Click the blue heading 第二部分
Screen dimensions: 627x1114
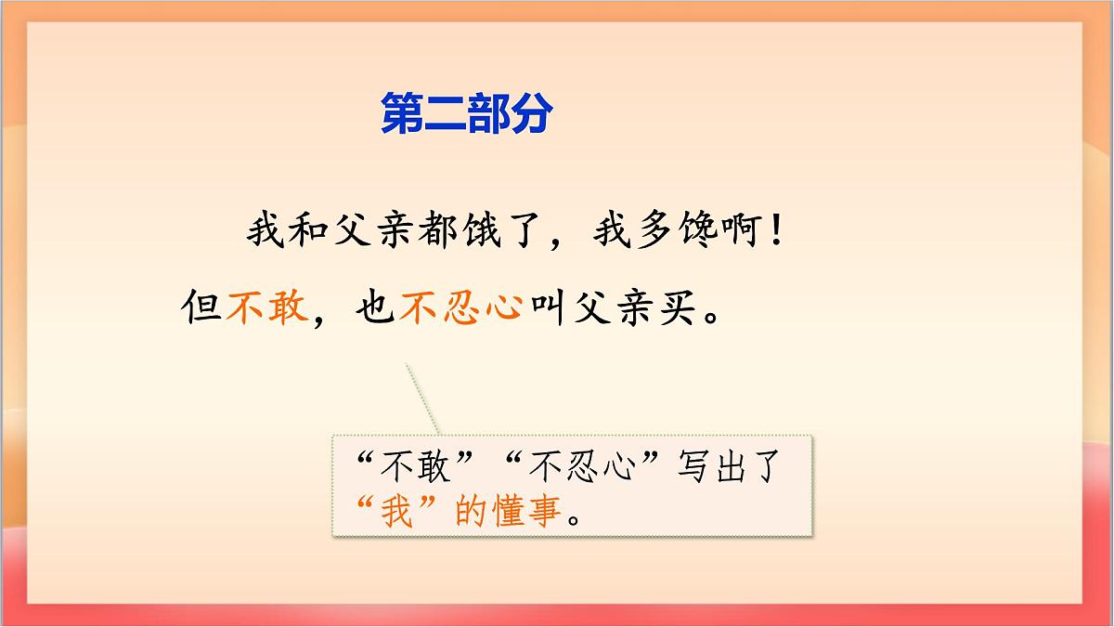[467, 114]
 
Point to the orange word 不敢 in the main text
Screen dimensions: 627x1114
[266, 306]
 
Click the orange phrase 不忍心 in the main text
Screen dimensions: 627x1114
[461, 306]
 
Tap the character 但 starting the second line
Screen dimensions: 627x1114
[201, 306]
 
